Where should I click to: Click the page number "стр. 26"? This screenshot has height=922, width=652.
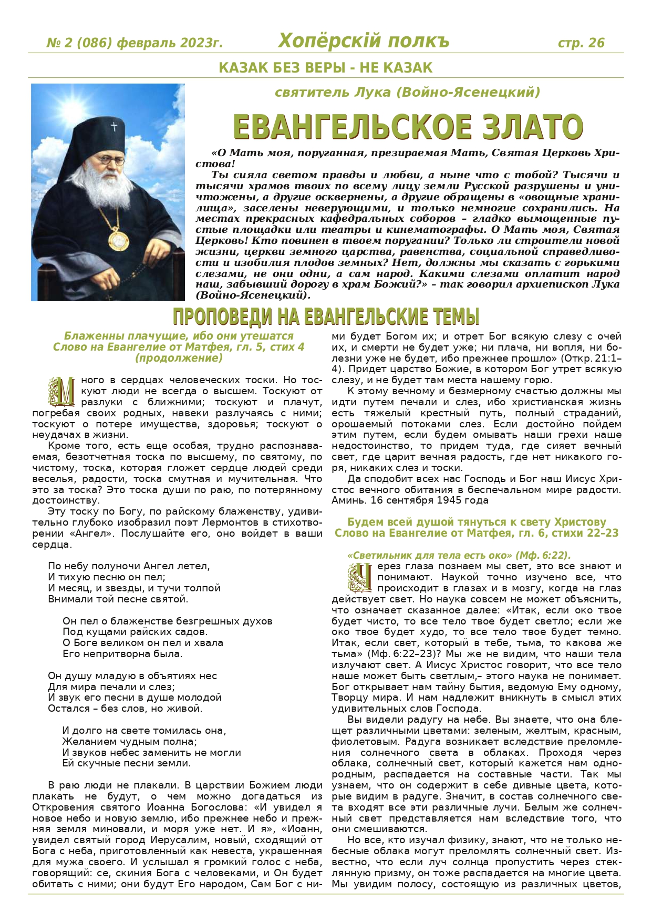pos(581,43)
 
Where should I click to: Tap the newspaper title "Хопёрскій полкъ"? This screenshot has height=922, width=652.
pos(364,41)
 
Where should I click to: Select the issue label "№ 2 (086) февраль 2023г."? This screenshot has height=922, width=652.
pos(134,43)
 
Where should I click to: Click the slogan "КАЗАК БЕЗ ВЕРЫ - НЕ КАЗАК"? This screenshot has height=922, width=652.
pos(325,68)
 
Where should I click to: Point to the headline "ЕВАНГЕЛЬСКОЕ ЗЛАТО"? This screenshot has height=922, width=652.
pos(408,127)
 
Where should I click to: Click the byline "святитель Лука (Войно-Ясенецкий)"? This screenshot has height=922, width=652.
pos(407,93)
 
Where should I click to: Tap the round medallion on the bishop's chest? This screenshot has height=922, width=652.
pos(119,239)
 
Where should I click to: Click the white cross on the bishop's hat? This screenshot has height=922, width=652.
pos(113,127)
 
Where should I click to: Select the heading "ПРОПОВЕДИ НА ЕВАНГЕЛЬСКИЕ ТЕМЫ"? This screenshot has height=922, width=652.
pos(326,317)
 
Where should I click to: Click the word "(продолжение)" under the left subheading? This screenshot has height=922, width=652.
pos(179,358)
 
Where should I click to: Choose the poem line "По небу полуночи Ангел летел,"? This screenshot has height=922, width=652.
pos(129,566)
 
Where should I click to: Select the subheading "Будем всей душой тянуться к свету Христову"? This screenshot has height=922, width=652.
pos(476,522)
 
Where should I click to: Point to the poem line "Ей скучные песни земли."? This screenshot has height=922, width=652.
pos(126,763)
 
